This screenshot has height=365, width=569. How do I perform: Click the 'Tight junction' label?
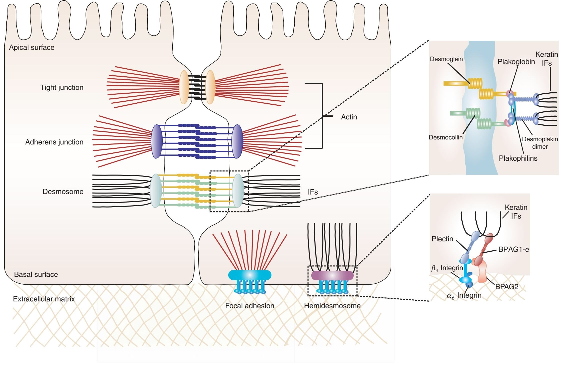62,87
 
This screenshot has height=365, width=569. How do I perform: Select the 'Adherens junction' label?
54,142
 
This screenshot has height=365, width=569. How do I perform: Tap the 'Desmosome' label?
63,192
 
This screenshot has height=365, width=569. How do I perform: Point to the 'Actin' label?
349,117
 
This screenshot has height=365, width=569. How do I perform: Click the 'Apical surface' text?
32,47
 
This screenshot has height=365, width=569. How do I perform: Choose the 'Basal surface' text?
36,274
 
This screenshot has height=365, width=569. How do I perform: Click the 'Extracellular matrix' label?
44,299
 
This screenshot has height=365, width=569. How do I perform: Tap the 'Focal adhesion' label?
249,306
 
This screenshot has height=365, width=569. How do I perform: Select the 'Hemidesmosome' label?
332,306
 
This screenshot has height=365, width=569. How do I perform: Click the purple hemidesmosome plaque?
332,275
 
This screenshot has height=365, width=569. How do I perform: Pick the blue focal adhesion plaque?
249,275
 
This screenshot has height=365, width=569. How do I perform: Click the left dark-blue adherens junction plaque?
156,141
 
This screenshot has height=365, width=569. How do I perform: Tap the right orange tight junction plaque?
210,87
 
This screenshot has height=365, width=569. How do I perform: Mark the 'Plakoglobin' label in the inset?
516,62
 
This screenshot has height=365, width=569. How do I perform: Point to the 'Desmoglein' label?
446,59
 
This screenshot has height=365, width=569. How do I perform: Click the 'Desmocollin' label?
445,137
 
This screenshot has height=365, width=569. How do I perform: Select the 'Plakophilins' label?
518,158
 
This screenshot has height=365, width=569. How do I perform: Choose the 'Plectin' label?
442,239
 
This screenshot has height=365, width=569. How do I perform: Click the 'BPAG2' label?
507,287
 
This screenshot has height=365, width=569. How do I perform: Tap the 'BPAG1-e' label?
513,249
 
